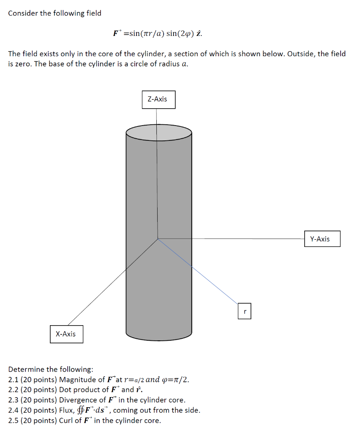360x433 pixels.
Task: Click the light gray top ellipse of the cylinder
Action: click(158, 132)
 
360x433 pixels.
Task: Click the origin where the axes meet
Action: click(158, 239)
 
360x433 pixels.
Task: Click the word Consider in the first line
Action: click(23, 13)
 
